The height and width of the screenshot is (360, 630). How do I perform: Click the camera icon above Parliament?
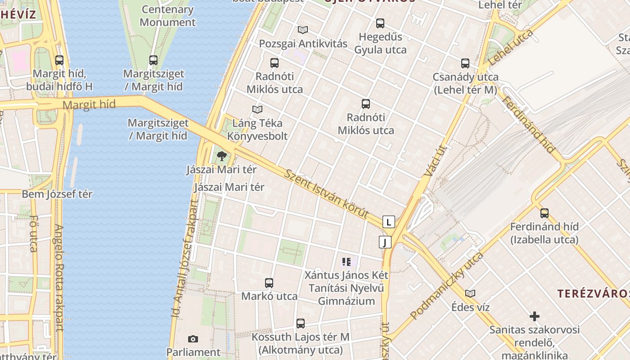[193, 339]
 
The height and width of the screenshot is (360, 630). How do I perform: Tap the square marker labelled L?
[389, 221]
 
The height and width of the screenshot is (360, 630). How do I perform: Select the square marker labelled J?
[385, 242]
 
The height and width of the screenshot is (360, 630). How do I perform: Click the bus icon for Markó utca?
[269, 283]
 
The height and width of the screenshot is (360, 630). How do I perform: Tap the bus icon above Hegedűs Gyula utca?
[380, 23]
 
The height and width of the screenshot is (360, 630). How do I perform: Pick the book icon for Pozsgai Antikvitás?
[303, 30]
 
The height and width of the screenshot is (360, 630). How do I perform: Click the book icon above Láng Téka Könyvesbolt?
[257, 109]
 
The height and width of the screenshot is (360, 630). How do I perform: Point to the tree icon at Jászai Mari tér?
[221, 156]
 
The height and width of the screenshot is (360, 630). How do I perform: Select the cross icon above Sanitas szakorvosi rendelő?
[535, 316]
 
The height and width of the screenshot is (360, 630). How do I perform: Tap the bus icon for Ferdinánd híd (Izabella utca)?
[544, 213]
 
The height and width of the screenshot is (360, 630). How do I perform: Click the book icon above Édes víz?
[470, 294]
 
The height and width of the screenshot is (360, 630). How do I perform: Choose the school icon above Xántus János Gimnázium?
[346, 262]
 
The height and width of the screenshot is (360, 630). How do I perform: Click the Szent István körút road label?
[327, 194]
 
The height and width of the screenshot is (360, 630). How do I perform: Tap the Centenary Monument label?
[167, 16]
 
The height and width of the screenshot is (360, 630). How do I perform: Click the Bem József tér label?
[57, 194]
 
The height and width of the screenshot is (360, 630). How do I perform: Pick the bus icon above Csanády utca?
[465, 63]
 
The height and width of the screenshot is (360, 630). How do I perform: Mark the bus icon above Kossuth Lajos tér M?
[301, 324]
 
